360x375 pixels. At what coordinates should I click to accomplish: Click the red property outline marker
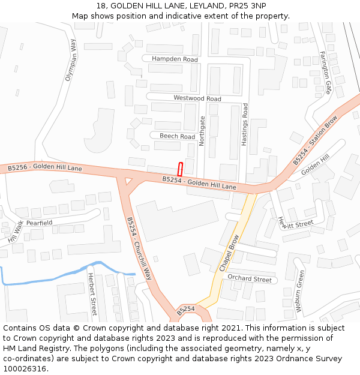179,169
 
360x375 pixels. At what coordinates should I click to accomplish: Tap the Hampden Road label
175,59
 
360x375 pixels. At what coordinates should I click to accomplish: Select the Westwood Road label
197,98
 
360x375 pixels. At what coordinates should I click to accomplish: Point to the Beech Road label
177,136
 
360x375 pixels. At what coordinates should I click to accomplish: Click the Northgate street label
202,131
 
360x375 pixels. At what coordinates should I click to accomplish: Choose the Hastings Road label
245,124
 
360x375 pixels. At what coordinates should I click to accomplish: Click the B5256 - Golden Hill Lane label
45,168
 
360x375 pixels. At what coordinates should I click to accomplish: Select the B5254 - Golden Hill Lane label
199,183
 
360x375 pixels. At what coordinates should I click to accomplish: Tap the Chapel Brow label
229,253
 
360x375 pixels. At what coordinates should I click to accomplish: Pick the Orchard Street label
250,279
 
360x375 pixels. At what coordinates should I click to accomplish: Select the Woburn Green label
298,290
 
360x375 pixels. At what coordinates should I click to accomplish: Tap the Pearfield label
39,223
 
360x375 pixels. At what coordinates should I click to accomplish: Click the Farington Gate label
325,73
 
